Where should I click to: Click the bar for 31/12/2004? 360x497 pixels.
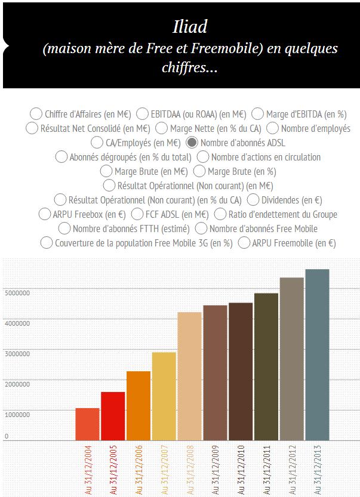click(87, 424)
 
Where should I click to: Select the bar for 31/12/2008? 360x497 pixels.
click(189, 376)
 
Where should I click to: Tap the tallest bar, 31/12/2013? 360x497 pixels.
click(317, 354)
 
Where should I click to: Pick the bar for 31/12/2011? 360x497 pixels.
click(266, 366)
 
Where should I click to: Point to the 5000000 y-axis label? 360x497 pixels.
click(17, 292)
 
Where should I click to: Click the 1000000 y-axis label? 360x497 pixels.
click(17, 414)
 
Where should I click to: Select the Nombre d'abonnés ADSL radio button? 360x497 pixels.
click(193, 143)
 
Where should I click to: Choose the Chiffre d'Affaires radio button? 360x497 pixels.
click(36, 114)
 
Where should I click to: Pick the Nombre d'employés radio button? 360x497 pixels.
click(273, 128)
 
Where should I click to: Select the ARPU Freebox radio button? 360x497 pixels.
click(45, 214)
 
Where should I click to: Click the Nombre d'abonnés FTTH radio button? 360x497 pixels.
click(65, 229)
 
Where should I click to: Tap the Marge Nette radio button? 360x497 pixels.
click(162, 128)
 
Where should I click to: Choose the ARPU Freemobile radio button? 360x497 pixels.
click(244, 243)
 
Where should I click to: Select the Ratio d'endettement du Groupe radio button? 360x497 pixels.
click(220, 214)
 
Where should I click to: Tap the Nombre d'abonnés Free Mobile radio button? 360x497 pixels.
click(201, 229)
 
